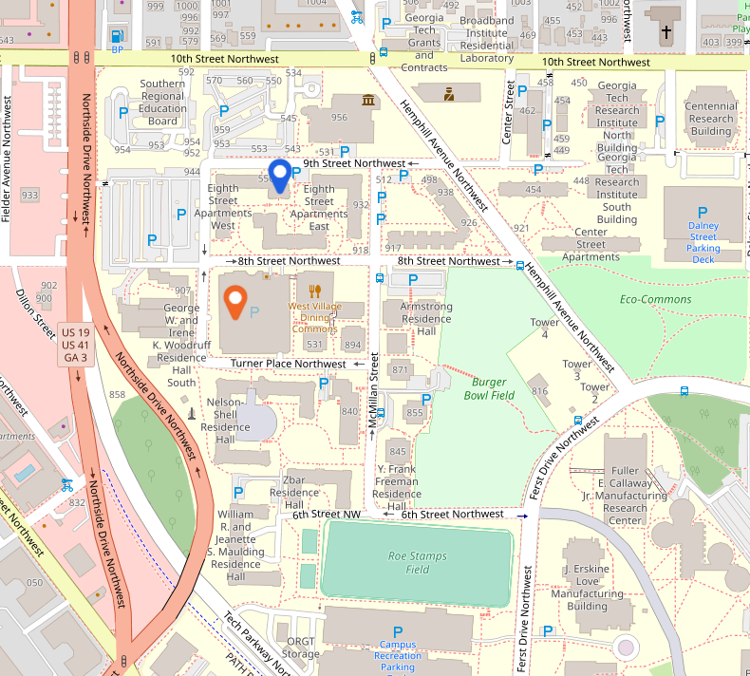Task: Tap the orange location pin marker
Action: (x=235, y=303)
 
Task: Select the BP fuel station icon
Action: (x=117, y=37)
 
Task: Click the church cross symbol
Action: (x=666, y=32)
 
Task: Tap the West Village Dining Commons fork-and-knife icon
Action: (x=314, y=291)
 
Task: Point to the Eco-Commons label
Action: (x=642, y=299)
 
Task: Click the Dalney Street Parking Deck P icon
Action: (x=703, y=213)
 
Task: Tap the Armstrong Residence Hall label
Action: (x=426, y=319)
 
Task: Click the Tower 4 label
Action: (x=544, y=329)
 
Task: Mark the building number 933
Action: (x=29, y=195)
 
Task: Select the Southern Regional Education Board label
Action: (x=162, y=102)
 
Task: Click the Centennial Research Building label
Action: (x=710, y=119)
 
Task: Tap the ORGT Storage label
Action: (x=301, y=648)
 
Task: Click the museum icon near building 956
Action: (x=367, y=101)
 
